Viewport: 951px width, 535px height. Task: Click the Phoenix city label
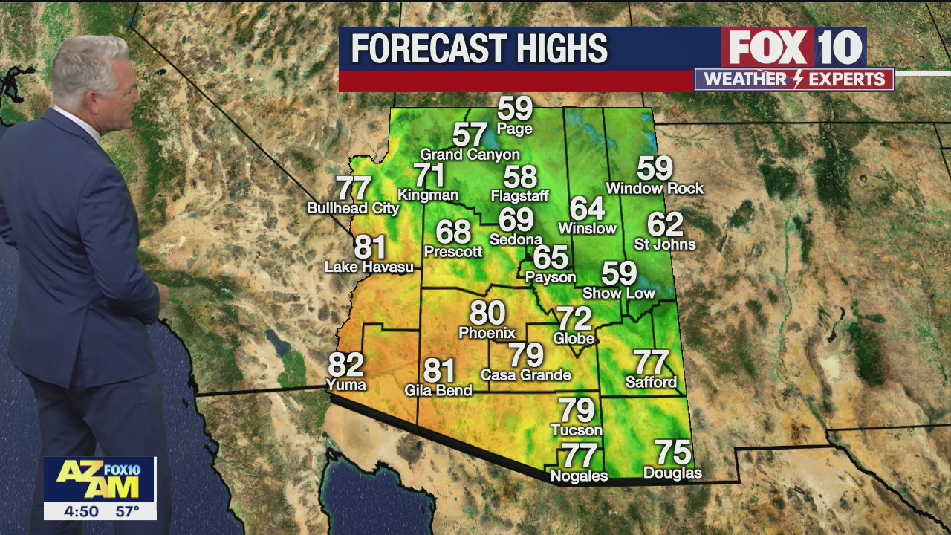tap(487, 333)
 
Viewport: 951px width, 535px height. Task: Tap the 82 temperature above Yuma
tap(346, 365)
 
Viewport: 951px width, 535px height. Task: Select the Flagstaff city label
tap(519, 196)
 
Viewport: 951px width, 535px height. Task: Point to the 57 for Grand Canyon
tap(470, 134)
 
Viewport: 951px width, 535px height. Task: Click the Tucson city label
tap(577, 430)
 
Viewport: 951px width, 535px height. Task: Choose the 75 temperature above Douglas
tap(672, 453)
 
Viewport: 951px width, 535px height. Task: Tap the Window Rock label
tap(655, 189)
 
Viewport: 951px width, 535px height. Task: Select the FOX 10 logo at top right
tap(794, 48)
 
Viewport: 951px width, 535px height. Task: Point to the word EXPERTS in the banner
tap(848, 80)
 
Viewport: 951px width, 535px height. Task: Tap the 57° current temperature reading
tap(127, 511)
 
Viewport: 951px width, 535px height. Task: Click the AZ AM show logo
tap(99, 479)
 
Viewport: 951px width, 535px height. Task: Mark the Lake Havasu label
tap(369, 267)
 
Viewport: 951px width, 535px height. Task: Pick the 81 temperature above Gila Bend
tap(439, 370)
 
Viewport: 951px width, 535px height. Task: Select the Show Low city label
tap(619, 294)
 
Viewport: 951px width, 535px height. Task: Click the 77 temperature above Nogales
tap(579, 455)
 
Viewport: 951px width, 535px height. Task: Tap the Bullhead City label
tap(353, 209)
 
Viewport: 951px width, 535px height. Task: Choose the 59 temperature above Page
tap(515, 108)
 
